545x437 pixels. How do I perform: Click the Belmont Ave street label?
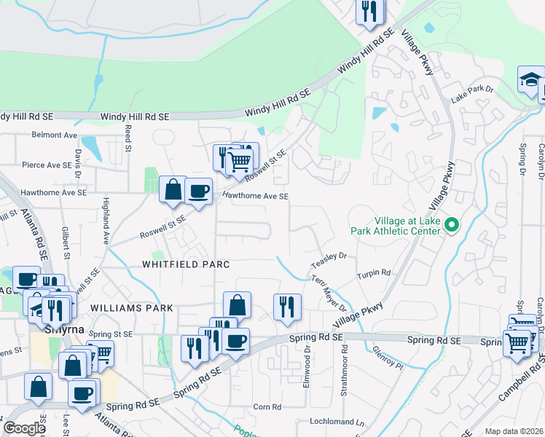point(55,135)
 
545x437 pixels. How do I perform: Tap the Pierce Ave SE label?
point(49,165)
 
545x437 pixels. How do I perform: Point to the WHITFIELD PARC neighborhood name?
point(186,264)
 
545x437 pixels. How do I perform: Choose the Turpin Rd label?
point(374,274)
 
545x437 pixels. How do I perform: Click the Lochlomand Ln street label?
point(336,422)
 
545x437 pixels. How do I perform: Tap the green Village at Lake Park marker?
point(451,226)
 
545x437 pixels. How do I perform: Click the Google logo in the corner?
point(24,428)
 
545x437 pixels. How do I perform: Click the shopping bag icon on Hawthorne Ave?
point(173,191)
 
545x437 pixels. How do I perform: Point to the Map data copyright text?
point(514,431)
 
